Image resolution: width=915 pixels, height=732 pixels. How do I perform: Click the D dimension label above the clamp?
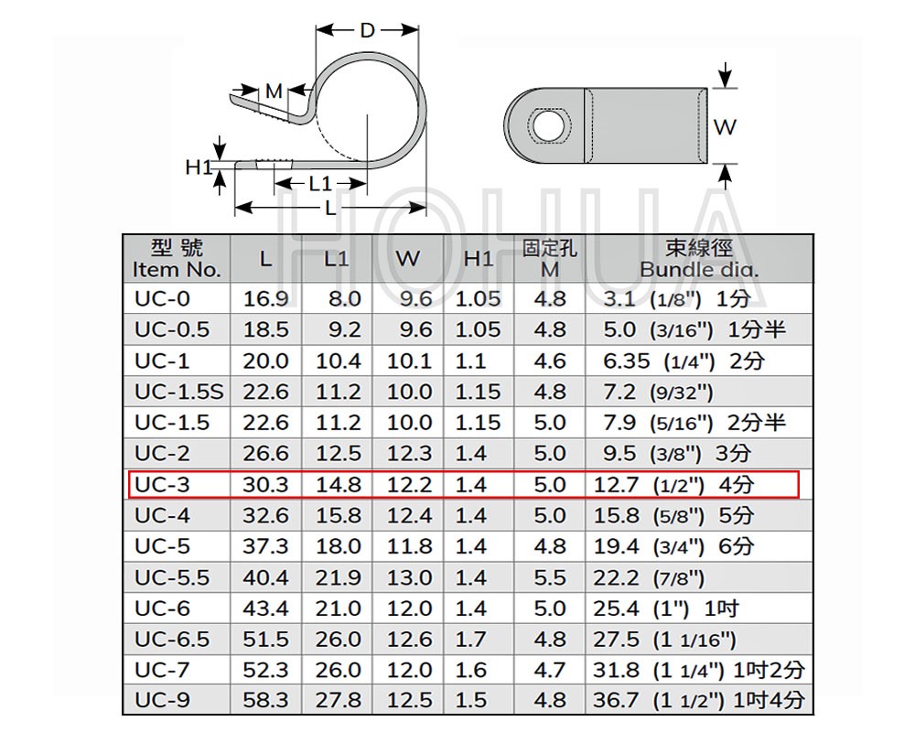pos(367,30)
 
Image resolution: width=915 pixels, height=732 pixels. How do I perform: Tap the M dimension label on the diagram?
pos(274,91)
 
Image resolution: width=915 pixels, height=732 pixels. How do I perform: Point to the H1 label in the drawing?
pos(199,167)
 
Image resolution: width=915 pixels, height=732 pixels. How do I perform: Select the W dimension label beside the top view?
pos(725,126)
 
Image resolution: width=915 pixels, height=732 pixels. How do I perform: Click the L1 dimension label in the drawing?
pos(320,184)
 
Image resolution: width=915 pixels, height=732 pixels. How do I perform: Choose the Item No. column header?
pos(177,270)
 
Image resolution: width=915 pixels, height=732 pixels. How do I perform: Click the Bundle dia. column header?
pos(699,270)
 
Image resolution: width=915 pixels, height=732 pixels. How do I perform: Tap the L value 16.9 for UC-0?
pos(265,299)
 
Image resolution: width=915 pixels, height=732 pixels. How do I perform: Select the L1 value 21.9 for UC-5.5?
pos(339,577)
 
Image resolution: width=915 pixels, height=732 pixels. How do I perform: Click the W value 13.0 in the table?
pos(409,577)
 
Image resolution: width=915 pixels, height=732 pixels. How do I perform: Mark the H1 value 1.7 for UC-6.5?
pos(471,640)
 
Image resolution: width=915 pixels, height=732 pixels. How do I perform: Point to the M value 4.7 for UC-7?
pos(550,670)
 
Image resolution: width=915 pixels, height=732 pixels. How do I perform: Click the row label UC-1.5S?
pos(179,392)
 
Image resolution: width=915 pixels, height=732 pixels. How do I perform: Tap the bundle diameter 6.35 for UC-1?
pos(626,361)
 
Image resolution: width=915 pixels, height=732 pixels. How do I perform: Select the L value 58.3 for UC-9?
pos(265,700)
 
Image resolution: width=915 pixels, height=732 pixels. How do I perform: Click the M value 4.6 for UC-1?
pos(550,361)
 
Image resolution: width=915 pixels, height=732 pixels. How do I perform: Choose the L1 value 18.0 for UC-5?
pos(339,545)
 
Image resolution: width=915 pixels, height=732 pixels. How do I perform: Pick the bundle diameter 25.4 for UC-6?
pos(616,608)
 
